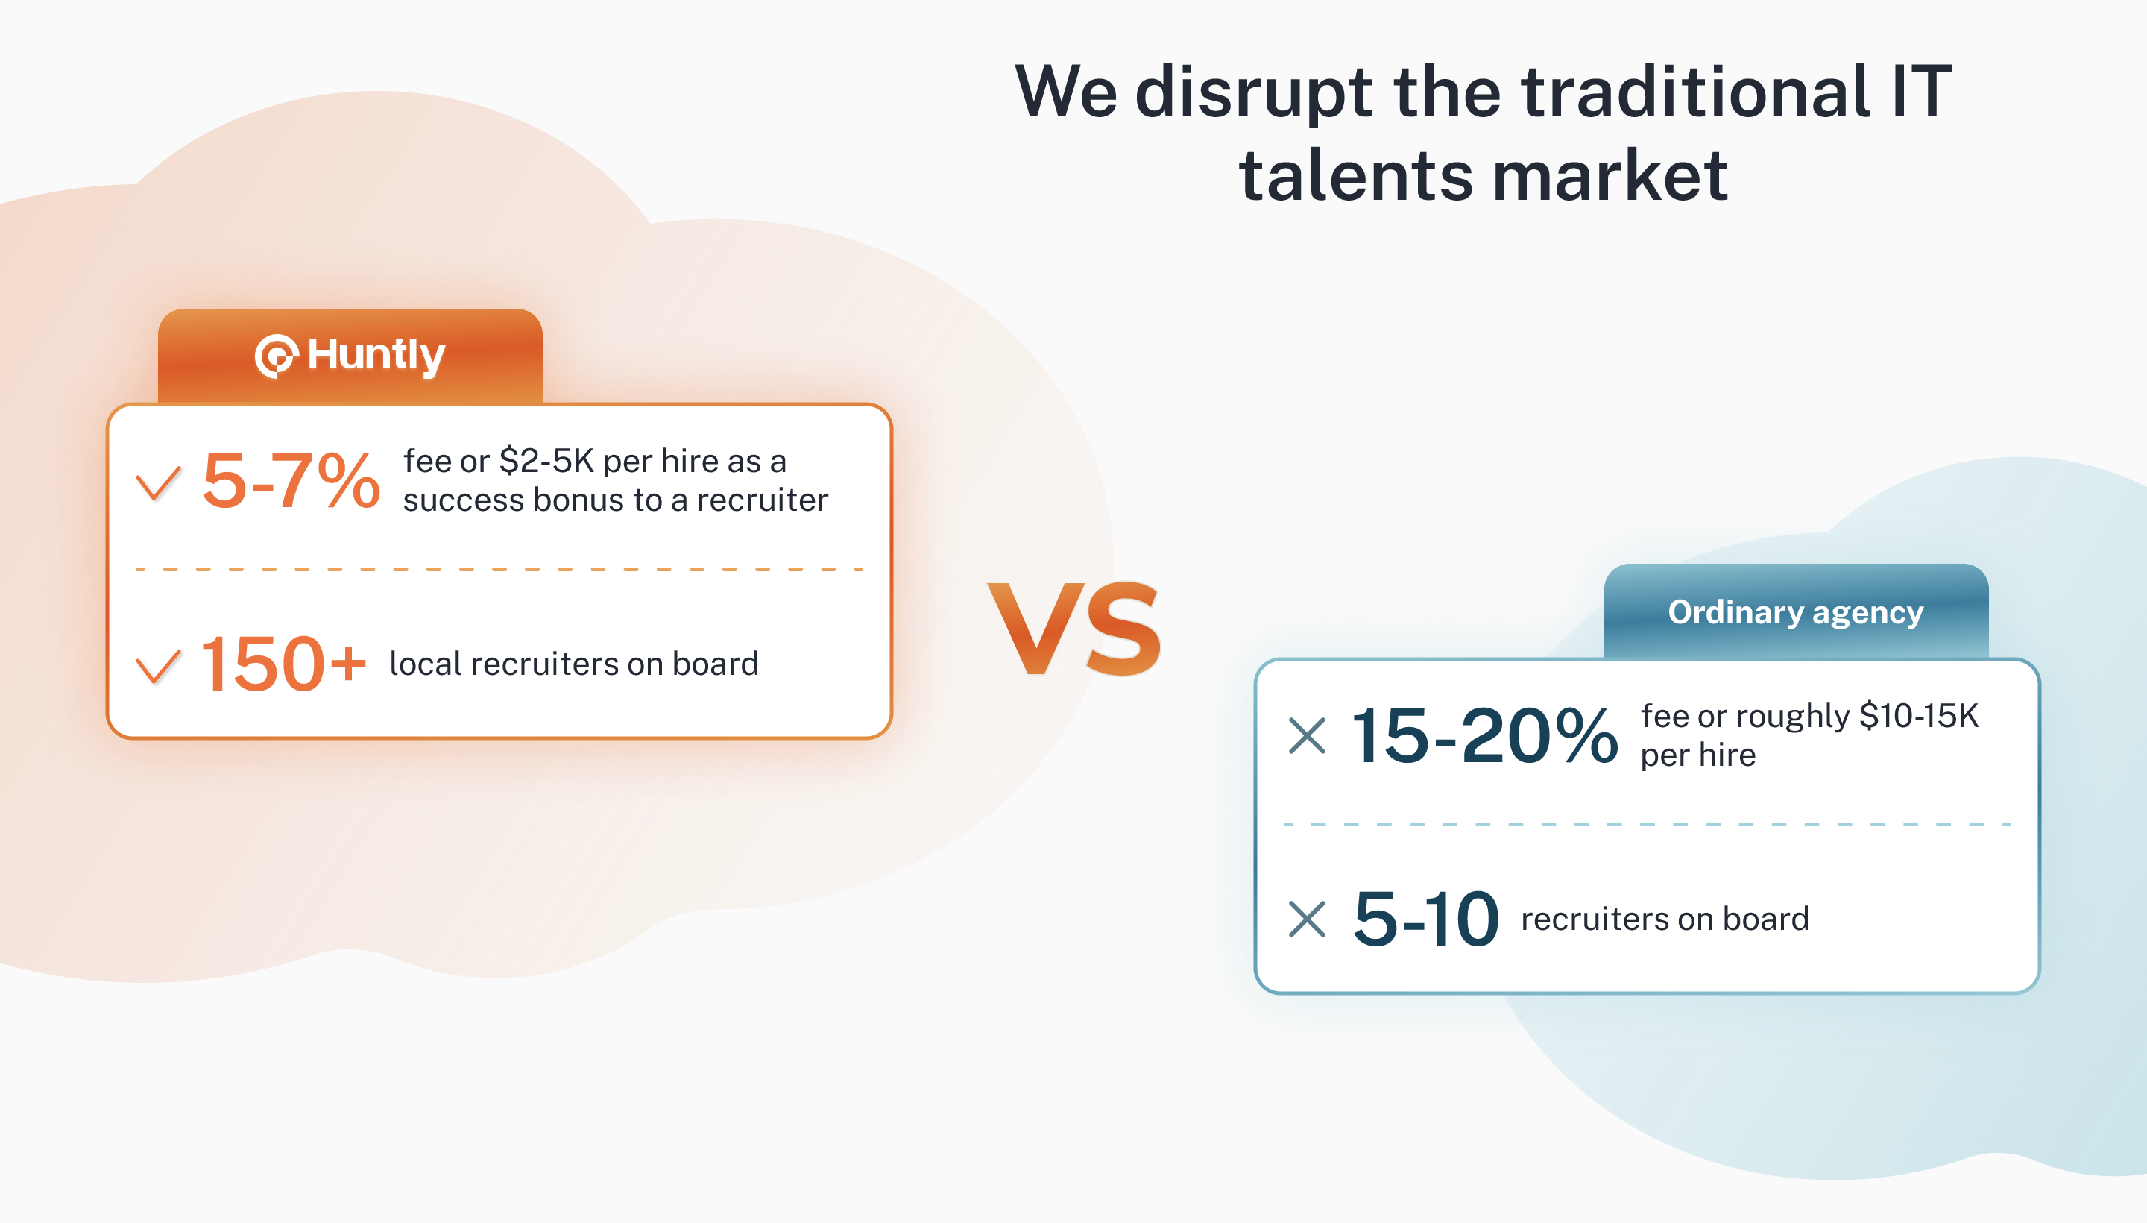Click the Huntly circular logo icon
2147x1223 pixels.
[x=277, y=356]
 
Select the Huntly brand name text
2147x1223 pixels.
[x=375, y=356]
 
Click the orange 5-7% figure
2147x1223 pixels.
[x=291, y=481]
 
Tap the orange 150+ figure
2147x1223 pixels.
[x=283, y=664]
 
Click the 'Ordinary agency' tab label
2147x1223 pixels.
[x=1795, y=612]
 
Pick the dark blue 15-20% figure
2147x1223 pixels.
[x=1484, y=736]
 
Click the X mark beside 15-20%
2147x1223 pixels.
[x=1308, y=736]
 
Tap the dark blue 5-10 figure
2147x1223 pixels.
[x=1425, y=919]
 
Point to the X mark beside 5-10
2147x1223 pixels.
[x=1308, y=919]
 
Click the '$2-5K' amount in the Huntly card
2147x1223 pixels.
[x=546, y=461]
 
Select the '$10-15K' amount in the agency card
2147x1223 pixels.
[x=1919, y=716]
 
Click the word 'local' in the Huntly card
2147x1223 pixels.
[x=426, y=664]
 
